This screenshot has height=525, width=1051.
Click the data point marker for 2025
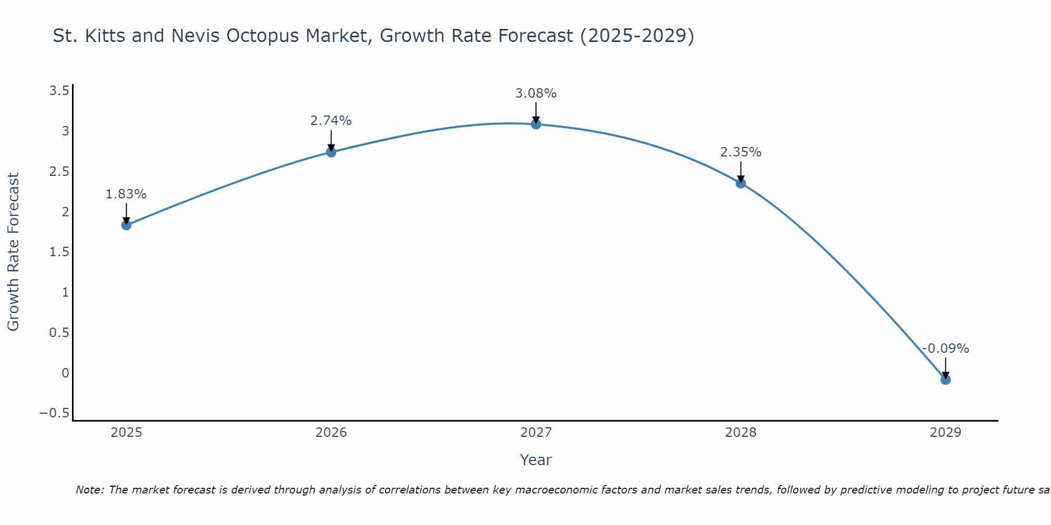pyautogui.click(x=126, y=225)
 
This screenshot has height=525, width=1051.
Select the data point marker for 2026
pyautogui.click(x=331, y=152)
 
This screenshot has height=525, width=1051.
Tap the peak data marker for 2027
pyautogui.click(x=536, y=124)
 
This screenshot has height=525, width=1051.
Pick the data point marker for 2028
pyautogui.click(x=741, y=183)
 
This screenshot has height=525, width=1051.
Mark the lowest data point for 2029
pyautogui.click(x=945, y=380)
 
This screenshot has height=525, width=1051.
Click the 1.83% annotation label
pyautogui.click(x=126, y=194)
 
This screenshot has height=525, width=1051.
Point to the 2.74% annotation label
pyautogui.click(x=331, y=121)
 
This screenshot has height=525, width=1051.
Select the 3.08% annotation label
pyautogui.click(x=536, y=93)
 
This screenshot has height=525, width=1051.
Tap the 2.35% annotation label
pyautogui.click(x=741, y=152)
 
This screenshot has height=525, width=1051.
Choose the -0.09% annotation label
pyautogui.click(x=945, y=349)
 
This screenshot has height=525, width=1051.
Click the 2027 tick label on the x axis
pyautogui.click(x=536, y=433)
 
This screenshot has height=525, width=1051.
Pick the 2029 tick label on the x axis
pyautogui.click(x=945, y=433)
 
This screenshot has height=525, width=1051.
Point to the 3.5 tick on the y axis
pyautogui.click(x=59, y=91)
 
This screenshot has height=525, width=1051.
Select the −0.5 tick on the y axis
pyautogui.click(x=54, y=413)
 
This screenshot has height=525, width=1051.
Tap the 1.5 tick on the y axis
pyautogui.click(x=59, y=252)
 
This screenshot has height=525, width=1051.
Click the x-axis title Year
pyautogui.click(x=536, y=460)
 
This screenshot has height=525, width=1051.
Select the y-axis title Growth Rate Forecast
pyautogui.click(x=13, y=252)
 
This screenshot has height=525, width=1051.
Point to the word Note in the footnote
pyautogui.click(x=90, y=490)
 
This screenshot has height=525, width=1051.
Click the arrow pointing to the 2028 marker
pyautogui.click(x=741, y=172)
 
